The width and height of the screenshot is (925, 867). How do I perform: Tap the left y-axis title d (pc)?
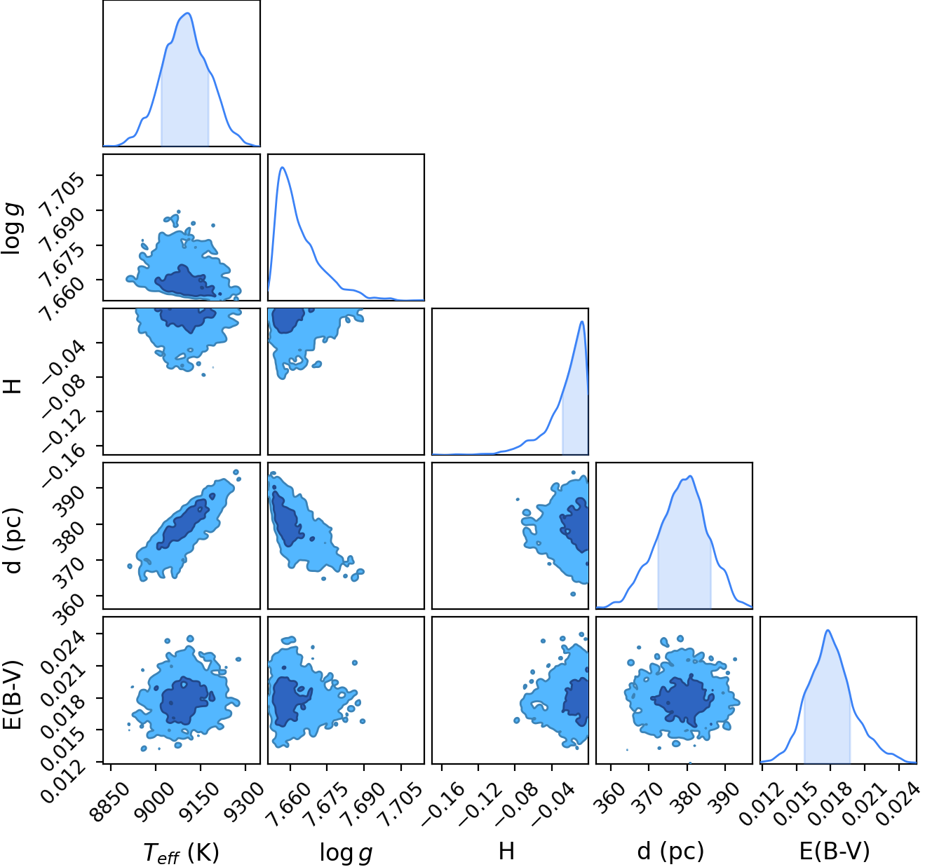(14, 535)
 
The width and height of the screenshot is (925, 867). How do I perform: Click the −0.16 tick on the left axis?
(65, 458)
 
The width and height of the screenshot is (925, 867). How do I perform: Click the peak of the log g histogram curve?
(282, 167)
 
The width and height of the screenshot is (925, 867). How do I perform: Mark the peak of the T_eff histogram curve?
(189, 13)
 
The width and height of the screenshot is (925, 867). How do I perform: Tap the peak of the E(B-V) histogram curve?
(828, 631)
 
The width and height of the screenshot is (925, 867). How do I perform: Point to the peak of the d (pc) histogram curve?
(691, 476)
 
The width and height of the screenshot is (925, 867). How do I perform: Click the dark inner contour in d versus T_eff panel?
(182, 524)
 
